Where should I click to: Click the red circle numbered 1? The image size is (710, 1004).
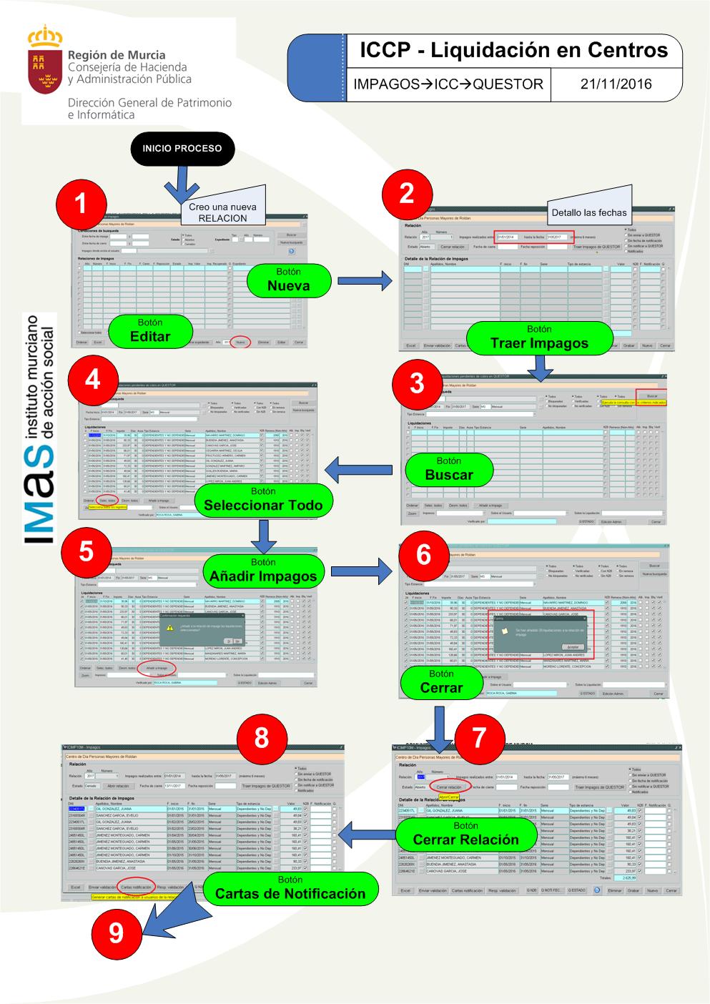[81, 202]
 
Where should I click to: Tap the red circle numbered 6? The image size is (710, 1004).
[423, 554]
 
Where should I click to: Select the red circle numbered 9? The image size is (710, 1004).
[116, 932]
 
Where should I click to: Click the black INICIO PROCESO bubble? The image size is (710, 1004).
[182, 149]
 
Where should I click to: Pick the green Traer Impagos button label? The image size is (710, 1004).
[539, 338]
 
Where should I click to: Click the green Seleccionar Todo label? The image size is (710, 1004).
[263, 499]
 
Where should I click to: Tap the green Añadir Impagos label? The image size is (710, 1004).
[263, 570]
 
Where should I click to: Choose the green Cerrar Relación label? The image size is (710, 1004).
[465, 834]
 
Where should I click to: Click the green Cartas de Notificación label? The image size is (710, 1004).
[290, 887]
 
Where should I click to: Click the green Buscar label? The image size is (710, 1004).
[449, 468]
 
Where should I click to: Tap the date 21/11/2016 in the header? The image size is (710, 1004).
[616, 84]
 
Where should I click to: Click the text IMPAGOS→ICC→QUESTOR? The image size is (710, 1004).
[448, 84]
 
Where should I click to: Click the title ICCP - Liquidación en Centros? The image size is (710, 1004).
[513, 50]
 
